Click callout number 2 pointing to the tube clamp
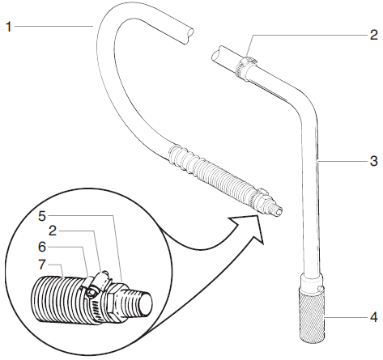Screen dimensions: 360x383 click(373, 35)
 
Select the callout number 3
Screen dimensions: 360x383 click(373, 160)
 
